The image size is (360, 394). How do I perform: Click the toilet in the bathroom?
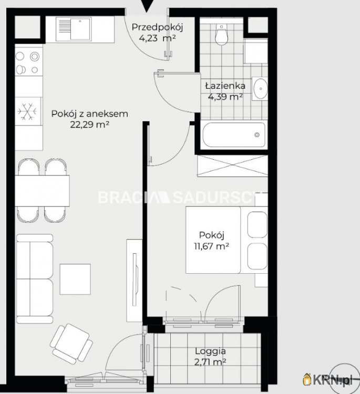221,35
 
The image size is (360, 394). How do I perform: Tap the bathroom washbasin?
260,89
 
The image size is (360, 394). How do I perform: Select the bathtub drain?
257,134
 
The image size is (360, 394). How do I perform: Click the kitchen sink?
74,29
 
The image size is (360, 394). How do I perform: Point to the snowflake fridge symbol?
27,111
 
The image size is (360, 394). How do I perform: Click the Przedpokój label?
157,27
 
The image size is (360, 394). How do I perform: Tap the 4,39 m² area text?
225,97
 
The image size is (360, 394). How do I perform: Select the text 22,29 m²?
89,125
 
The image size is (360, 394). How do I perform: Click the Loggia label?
210,351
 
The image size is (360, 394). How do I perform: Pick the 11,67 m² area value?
211,246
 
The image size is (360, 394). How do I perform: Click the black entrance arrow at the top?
146,6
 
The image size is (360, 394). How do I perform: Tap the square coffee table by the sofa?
75,279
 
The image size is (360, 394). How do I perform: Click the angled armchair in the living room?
71,344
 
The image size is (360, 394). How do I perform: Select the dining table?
42,191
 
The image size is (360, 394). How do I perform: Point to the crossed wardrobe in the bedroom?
232,166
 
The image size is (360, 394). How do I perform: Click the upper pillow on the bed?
257,225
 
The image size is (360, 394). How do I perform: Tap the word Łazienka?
225,86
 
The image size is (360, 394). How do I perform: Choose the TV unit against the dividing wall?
134,281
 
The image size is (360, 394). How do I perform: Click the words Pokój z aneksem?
89,114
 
